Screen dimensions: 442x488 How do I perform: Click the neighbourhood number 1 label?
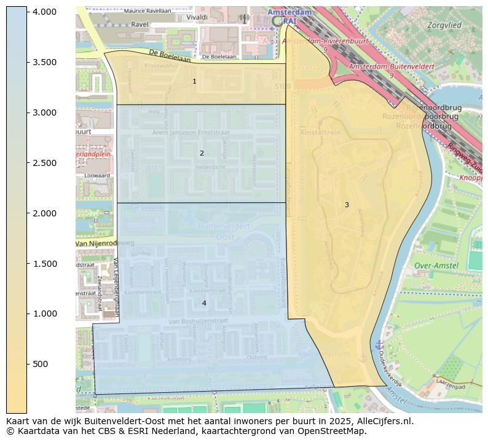[194, 81]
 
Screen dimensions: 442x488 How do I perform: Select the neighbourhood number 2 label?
[202, 153]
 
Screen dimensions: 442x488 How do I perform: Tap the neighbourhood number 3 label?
[347, 205]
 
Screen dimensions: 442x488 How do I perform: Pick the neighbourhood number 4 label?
[204, 303]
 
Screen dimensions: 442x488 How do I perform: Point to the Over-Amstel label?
[436, 266]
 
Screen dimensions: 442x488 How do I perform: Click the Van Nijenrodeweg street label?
[104, 243]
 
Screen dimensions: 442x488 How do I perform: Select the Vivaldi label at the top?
[197, 18]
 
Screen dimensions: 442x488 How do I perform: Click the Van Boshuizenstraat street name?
[199, 321]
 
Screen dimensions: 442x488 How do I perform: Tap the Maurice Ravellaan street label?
[148, 11]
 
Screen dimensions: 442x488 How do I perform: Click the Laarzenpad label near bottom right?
[449, 387]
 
